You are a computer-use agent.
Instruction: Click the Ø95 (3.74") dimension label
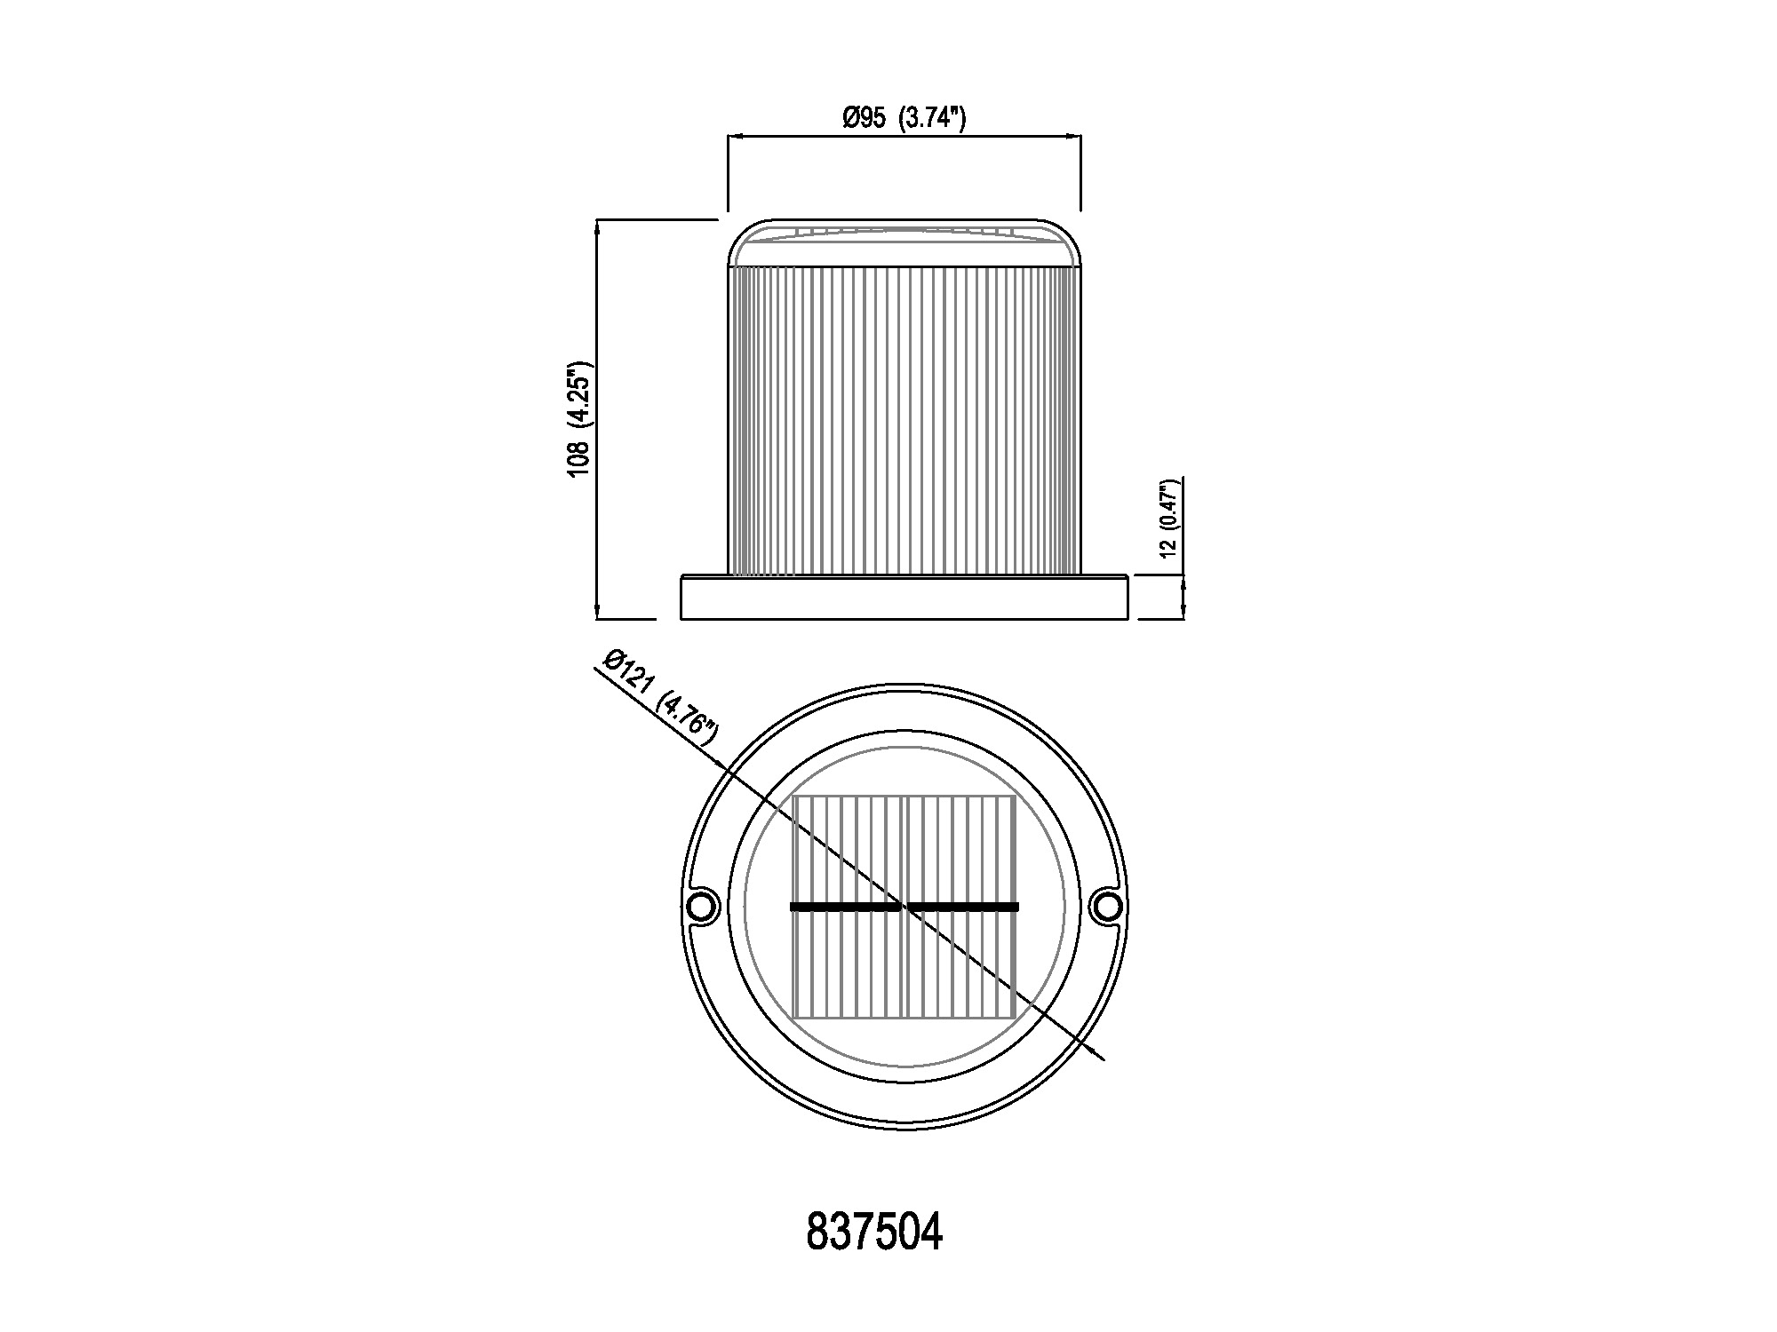[904, 117]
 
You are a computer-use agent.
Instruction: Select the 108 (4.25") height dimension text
[579, 419]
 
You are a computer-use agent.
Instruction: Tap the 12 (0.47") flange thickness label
[1168, 518]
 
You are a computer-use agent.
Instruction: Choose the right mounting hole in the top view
[1106, 907]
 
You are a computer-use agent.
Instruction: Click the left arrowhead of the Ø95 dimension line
[735, 137]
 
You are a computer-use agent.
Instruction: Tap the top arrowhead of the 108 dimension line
[597, 226]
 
